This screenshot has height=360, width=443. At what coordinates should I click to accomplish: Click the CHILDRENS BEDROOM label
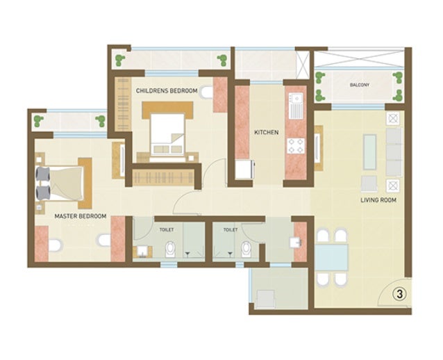point(167,91)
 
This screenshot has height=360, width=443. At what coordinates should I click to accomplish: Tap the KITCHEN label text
point(267,132)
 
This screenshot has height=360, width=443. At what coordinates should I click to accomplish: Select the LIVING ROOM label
point(378,200)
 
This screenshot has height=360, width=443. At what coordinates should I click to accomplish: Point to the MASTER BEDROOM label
point(81,216)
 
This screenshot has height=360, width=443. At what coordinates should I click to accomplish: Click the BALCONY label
point(360,85)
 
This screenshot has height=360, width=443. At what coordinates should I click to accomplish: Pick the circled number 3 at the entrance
point(400,294)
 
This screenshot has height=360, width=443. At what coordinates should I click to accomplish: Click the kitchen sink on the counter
point(296,106)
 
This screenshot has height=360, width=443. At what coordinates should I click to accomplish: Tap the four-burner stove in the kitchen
point(296,146)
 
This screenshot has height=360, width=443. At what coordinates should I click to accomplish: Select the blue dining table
point(331,258)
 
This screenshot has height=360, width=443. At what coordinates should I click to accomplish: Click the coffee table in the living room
point(370,152)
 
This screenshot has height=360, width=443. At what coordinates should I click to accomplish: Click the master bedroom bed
point(64,183)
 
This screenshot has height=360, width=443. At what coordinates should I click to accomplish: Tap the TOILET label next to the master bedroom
point(167,230)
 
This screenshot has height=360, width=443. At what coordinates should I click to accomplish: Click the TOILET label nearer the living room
point(231,230)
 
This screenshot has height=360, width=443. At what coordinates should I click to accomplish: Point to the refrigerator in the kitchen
point(244,170)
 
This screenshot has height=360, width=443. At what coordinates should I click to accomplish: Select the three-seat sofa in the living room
point(394,152)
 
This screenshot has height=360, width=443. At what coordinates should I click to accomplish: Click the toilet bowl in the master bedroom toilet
point(170,249)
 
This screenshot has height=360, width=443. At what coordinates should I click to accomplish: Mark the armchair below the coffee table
point(369,183)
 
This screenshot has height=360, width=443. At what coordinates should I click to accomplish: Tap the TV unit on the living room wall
point(319,148)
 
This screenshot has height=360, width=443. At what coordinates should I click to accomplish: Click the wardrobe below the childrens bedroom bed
point(163,177)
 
